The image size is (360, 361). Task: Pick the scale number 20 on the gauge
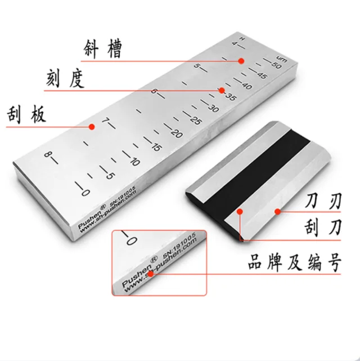(x=177, y=133)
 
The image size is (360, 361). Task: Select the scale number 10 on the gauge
(x=133, y=162)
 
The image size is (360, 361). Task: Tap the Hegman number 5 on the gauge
(x=197, y=68)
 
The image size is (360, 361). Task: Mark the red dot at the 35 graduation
(x=222, y=90)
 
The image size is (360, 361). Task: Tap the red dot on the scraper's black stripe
(x=238, y=212)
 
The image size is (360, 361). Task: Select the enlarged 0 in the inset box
(x=129, y=241)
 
